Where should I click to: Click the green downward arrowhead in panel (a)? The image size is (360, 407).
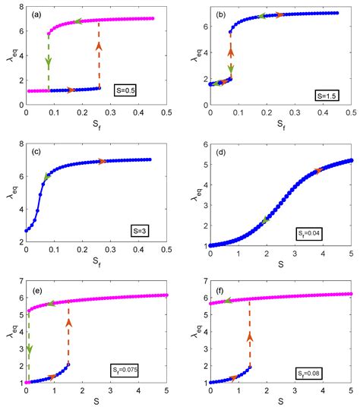(49, 61)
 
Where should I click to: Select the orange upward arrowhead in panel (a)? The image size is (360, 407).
(99, 47)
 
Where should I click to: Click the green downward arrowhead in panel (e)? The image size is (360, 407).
(30, 349)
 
